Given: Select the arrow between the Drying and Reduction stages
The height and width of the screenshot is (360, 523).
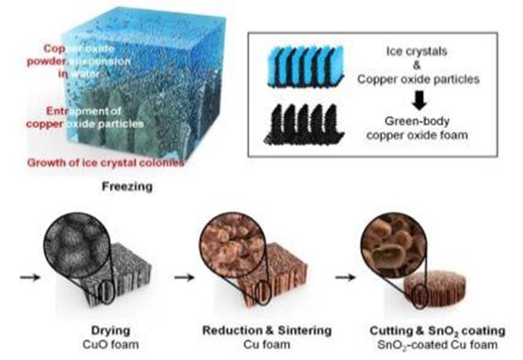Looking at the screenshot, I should tap(181, 277).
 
